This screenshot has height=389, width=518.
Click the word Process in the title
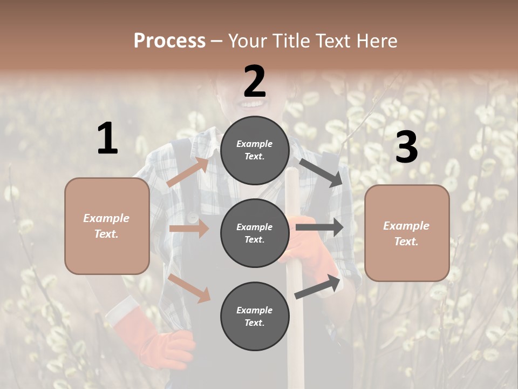pyautogui.click(x=169, y=41)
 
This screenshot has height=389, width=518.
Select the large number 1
pyautogui.click(x=107, y=139)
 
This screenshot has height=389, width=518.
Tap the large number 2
pyautogui.click(x=255, y=81)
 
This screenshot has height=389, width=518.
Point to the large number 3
pyautogui.click(x=406, y=147)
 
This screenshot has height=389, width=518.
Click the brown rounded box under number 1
pyautogui.click(x=107, y=226)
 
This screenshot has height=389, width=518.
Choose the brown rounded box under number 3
pyautogui.click(x=407, y=233)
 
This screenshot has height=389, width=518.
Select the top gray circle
pyautogui.click(x=255, y=150)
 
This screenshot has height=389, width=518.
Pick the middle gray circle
pyautogui.click(x=255, y=233)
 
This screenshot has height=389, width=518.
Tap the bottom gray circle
pyautogui.click(x=255, y=316)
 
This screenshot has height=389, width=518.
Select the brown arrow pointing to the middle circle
pyautogui.click(x=189, y=229)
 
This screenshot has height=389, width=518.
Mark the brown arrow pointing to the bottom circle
pyautogui.click(x=189, y=287)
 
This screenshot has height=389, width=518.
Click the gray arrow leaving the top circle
pyautogui.click(x=322, y=172)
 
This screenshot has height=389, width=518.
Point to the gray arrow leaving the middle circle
pyautogui.click(x=319, y=227)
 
